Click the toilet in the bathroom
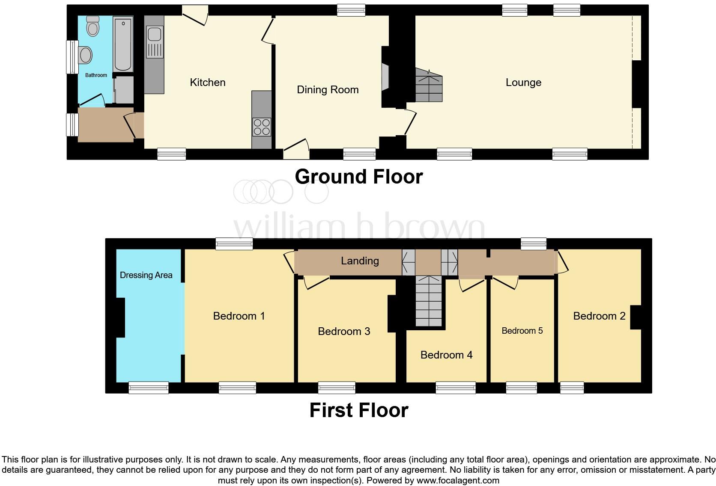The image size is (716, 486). click(x=93, y=27)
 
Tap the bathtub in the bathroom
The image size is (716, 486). click(x=123, y=44)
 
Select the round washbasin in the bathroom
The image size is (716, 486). click(x=86, y=55)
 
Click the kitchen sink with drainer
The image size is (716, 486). click(x=154, y=41)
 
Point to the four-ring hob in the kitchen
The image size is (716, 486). click(x=261, y=127)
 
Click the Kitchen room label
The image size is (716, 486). click(x=208, y=83)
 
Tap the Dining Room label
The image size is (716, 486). click(x=328, y=90)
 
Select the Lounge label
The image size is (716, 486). click(x=523, y=83)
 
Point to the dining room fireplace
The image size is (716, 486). click(x=385, y=77)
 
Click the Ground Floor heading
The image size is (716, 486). click(x=358, y=177)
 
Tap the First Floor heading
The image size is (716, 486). click(x=358, y=410)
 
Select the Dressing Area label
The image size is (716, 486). click(x=146, y=275)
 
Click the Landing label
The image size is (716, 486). click(x=360, y=261)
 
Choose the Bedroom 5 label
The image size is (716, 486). click(x=522, y=331)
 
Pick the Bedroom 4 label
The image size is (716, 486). click(x=446, y=355)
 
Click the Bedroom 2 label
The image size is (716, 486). click(x=599, y=316)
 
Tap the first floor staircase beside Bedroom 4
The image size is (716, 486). click(x=428, y=302)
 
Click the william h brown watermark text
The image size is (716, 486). click(x=359, y=227)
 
